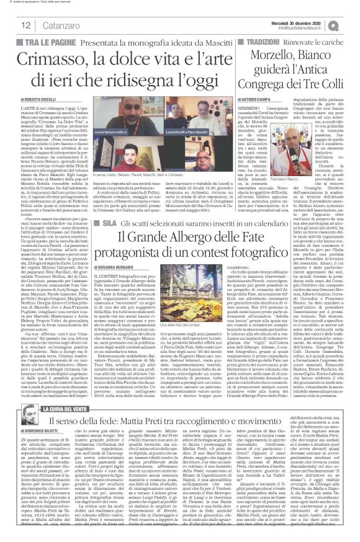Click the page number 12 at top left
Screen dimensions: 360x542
click(x=12, y=24)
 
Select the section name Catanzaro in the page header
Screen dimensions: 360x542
click(x=45, y=24)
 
